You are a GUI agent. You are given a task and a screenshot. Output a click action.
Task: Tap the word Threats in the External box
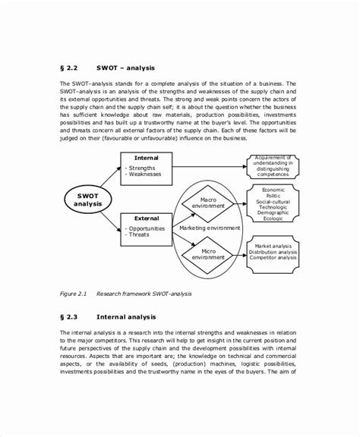click(x=141, y=234)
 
